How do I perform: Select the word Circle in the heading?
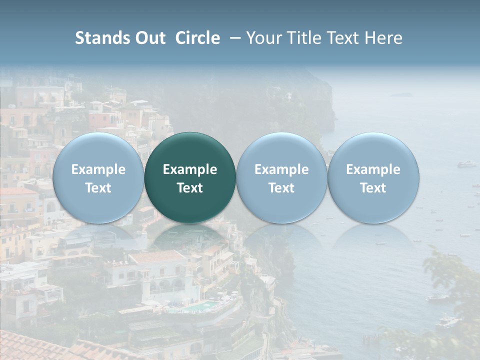(197, 38)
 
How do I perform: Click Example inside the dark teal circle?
(190, 169)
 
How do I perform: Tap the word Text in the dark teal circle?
(190, 188)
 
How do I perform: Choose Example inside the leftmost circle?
(98, 169)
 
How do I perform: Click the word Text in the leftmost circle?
(98, 188)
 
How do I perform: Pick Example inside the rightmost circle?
(373, 169)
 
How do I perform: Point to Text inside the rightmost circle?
(373, 188)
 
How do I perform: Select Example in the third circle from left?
(281, 169)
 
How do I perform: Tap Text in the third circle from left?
(281, 188)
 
